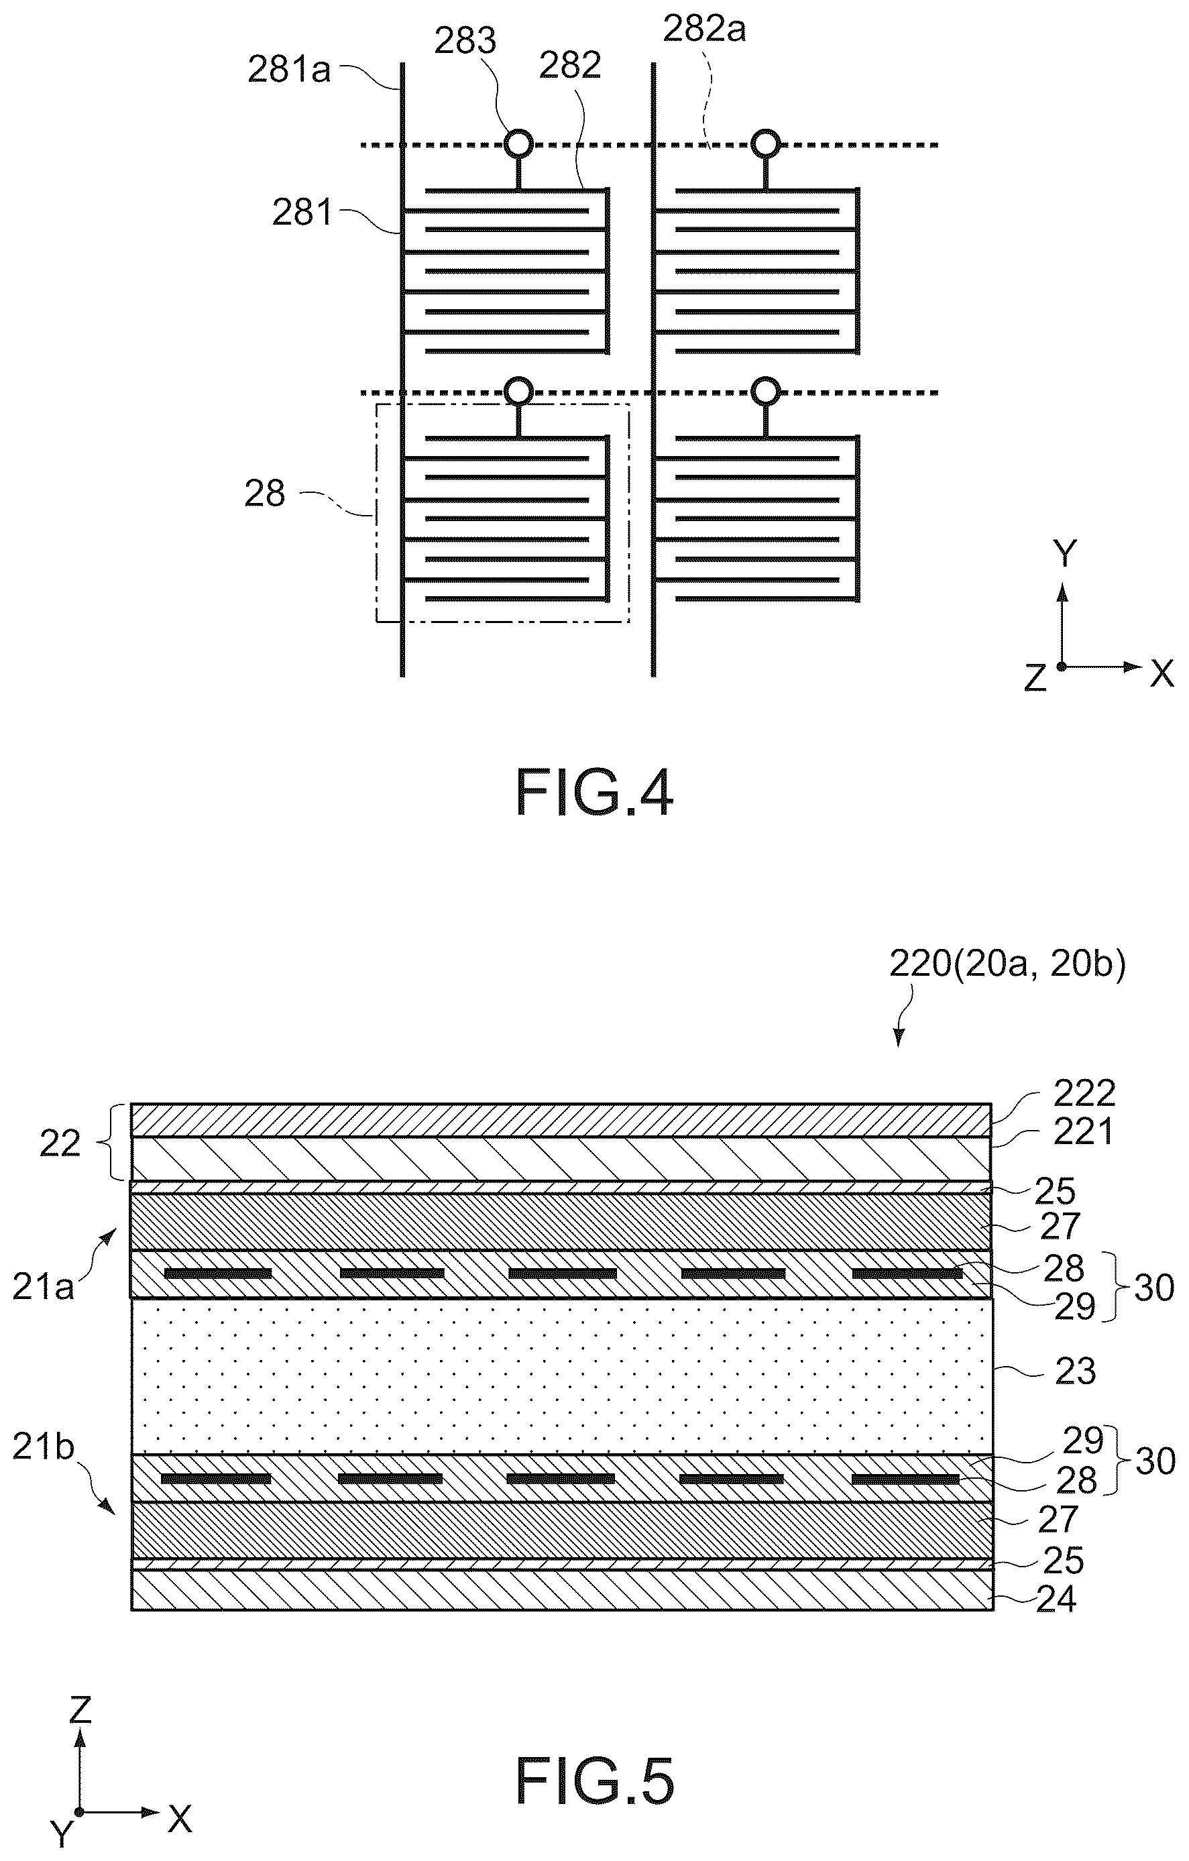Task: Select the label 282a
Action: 705,30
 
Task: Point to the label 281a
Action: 289,70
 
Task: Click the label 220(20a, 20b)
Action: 1007,964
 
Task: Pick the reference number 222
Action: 1084,1094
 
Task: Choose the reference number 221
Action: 1083,1132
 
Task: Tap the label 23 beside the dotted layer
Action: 1074,1371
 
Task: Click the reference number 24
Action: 1056,1599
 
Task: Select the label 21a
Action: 44,1287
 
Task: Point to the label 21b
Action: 44,1447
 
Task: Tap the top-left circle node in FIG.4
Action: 518,144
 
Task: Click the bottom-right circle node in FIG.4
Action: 766,391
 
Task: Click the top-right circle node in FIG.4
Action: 766,144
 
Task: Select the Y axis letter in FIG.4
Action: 1066,554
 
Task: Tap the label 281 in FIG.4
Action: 302,212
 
